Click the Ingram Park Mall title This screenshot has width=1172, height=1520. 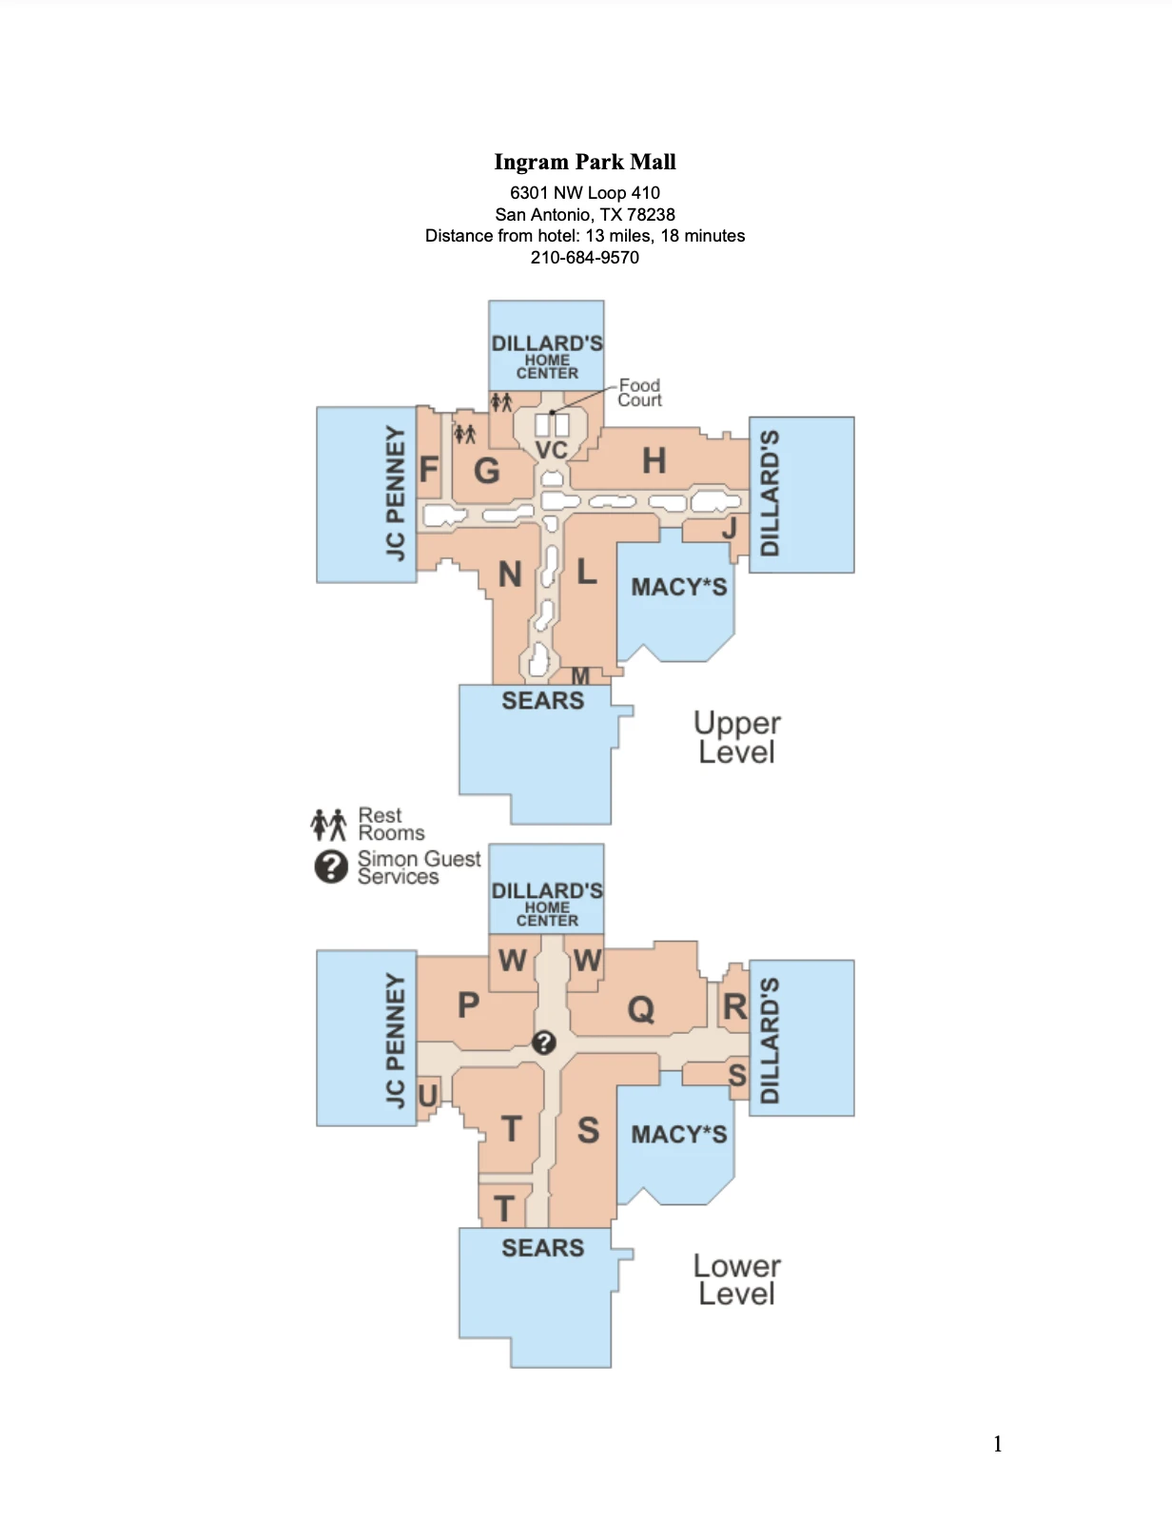point(585,162)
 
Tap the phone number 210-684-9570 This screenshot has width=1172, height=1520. point(584,258)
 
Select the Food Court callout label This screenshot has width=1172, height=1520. point(639,393)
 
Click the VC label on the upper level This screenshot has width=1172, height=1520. point(552,450)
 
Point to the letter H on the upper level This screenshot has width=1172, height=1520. point(654,461)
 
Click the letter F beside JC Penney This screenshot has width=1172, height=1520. point(429,470)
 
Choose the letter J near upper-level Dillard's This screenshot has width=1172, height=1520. point(730,527)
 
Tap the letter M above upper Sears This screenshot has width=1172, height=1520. point(580,675)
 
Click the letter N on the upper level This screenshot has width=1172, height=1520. point(510,575)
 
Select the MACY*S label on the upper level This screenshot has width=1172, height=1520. point(678,587)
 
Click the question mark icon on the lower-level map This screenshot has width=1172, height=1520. point(543,1043)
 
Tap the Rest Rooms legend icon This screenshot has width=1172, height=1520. point(328,824)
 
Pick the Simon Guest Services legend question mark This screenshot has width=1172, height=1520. point(331,867)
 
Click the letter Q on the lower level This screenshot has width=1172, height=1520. point(641,1009)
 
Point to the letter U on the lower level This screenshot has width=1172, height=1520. point(427,1096)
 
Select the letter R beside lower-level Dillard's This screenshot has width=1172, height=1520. point(734,1006)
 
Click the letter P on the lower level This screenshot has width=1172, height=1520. point(468,1004)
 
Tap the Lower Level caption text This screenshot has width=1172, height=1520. point(736,1279)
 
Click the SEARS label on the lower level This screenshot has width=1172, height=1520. point(542,1248)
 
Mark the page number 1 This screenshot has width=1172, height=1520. point(997,1444)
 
